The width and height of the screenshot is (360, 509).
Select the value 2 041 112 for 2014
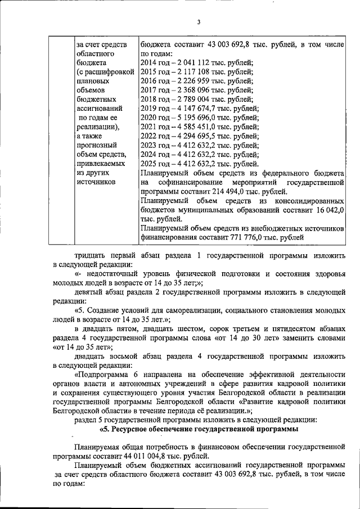[x=190, y=63]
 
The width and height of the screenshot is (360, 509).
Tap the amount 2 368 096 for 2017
[x=190, y=89]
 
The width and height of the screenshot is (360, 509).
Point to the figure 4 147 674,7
[x=192, y=108]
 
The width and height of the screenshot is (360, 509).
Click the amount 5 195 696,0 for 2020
[x=192, y=117]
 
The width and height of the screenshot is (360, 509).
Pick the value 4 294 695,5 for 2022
[x=192, y=136]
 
